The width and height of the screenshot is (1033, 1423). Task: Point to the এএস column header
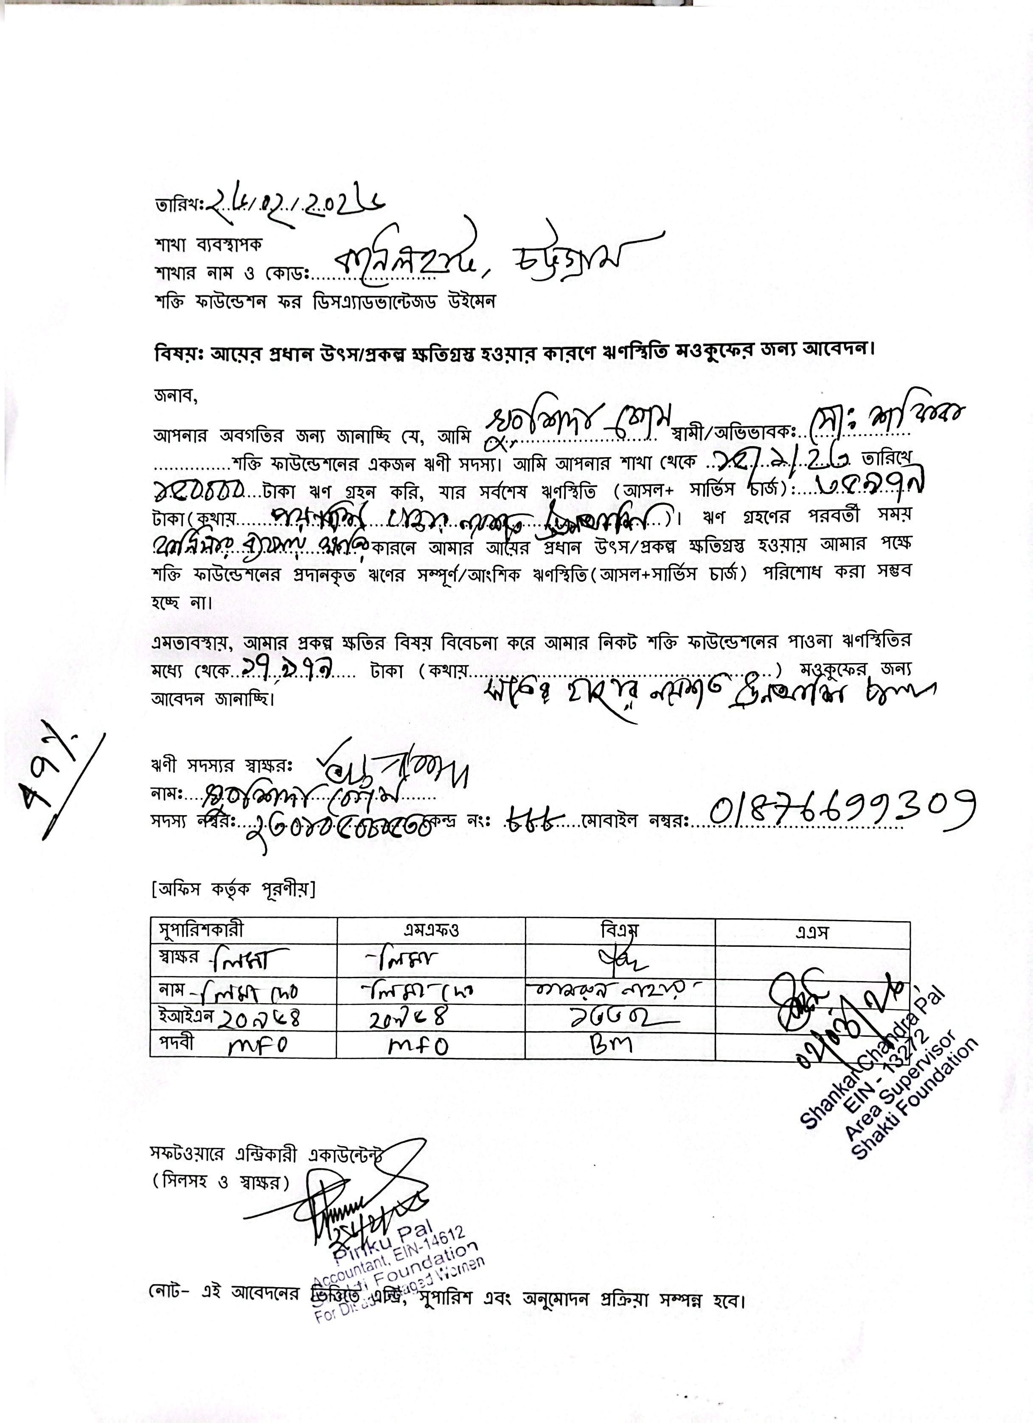tap(812, 932)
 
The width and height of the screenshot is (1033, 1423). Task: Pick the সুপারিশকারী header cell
tap(202, 931)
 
